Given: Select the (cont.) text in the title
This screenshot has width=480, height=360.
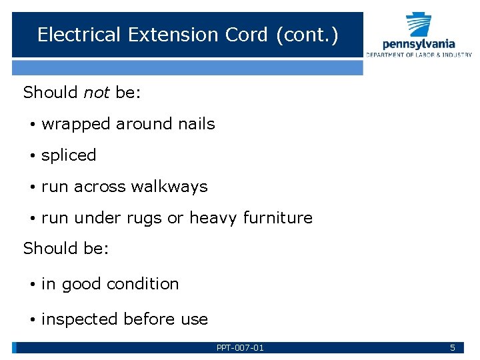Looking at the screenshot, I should pos(307,35).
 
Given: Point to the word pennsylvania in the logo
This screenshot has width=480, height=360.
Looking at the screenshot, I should pos(419,44).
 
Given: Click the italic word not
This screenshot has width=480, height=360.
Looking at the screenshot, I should pos(97,93).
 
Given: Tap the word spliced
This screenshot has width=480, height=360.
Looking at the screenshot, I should pos(69,155).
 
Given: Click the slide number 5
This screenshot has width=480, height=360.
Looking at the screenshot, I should pos(453,347).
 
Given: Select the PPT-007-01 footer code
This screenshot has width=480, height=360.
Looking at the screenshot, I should pos(240,347).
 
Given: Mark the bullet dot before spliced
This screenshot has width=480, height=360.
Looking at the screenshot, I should pos(32,156).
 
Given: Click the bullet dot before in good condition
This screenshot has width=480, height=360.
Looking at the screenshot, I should pos(32,285).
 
